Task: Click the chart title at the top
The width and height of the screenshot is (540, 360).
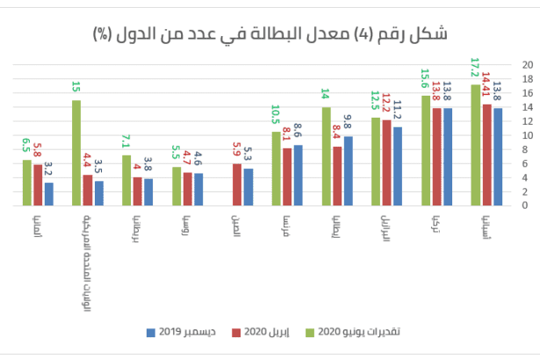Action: click(x=270, y=33)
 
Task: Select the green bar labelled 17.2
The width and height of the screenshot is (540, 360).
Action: click(x=476, y=145)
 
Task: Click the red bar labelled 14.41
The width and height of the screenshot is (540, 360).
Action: click(x=486, y=155)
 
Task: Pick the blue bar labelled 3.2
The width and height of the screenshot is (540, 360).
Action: click(x=48, y=193)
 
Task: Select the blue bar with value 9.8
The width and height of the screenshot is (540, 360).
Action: click(x=347, y=170)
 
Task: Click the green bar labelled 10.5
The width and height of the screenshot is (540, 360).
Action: click(x=277, y=168)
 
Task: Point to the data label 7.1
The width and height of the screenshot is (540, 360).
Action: click(x=126, y=141)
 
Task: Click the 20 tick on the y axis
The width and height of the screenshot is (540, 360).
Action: click(x=526, y=65)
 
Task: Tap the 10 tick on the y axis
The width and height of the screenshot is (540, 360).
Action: click(x=526, y=135)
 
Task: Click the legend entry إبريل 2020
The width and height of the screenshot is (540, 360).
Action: click(x=264, y=332)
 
